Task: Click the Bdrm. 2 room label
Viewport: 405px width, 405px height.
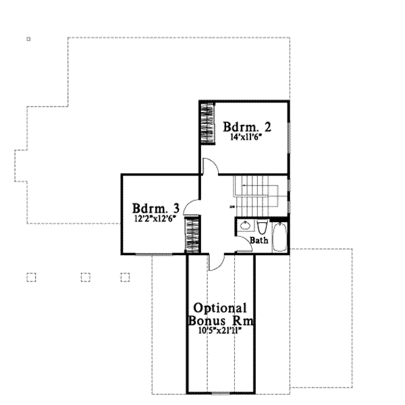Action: pyautogui.click(x=247, y=126)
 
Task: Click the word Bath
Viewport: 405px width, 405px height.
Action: pyautogui.click(x=259, y=240)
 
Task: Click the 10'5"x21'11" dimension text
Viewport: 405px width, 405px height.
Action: pyautogui.click(x=221, y=331)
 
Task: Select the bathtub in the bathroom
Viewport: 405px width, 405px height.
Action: pyautogui.click(x=279, y=237)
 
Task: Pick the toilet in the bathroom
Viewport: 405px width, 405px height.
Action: pyautogui.click(x=263, y=226)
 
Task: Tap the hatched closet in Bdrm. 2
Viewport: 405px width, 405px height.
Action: pyautogui.click(x=206, y=122)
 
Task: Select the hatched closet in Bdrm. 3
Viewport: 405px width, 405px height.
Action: pyautogui.click(x=192, y=234)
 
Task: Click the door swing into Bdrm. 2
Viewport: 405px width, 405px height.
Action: pyautogui.click(x=209, y=168)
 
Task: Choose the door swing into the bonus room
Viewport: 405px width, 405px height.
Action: pyautogui.click(x=215, y=262)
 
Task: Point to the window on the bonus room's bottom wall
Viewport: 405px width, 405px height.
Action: pyautogui.click(x=221, y=392)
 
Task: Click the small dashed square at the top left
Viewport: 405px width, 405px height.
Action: pyautogui.click(x=28, y=39)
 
